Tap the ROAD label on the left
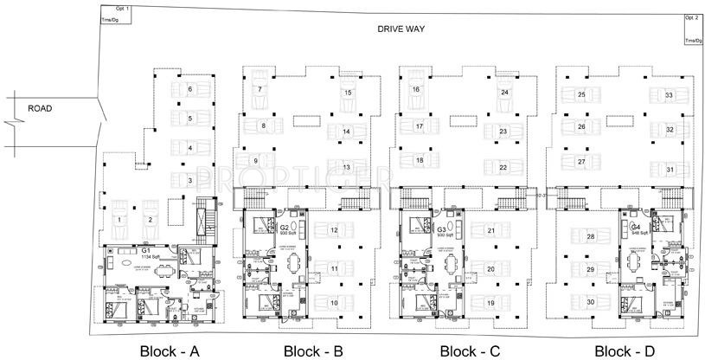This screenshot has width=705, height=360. (x=42, y=109)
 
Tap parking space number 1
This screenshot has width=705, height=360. (x=121, y=220)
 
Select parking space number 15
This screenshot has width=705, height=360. (x=347, y=93)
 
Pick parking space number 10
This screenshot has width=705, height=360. (x=334, y=302)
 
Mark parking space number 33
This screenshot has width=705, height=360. (x=669, y=94)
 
